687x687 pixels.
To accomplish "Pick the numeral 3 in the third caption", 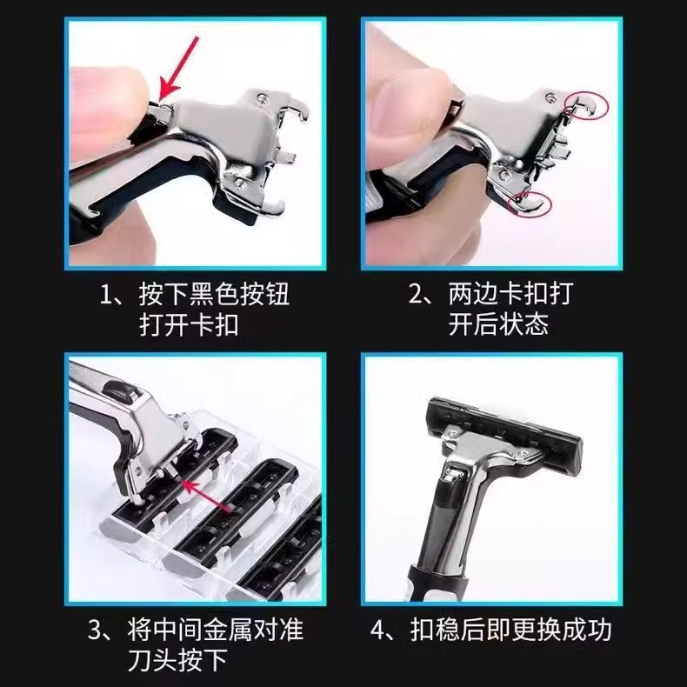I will (97, 629).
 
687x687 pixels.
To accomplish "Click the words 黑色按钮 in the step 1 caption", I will (234, 294).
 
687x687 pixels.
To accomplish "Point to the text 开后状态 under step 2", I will (498, 325).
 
